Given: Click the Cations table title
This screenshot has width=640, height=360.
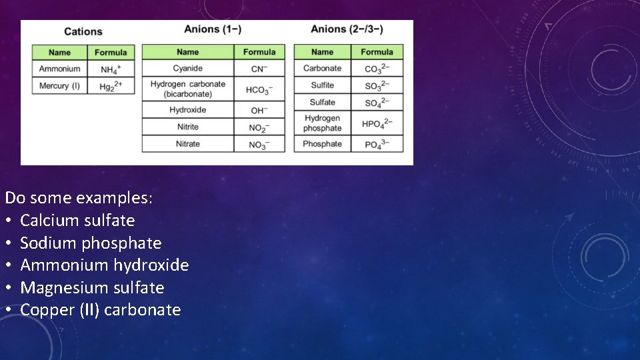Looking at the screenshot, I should [x=83, y=31].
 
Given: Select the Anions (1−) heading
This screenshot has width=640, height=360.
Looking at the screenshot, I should [x=213, y=29].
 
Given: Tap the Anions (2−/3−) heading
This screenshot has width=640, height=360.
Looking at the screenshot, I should [x=347, y=29].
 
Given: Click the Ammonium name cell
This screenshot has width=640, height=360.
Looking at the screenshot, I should [x=59, y=69].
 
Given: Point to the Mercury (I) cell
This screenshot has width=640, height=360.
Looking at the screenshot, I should [x=59, y=86].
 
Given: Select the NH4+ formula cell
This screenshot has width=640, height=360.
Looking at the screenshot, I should [x=111, y=69].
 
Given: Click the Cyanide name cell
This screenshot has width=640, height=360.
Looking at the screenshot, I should [x=187, y=69].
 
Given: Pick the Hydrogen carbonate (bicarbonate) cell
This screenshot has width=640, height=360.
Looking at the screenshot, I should [x=187, y=89].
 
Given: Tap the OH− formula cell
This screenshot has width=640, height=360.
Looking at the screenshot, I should [x=259, y=110].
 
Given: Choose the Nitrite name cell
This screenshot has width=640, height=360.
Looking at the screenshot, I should [x=187, y=127].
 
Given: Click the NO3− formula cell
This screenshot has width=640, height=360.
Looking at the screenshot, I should [x=259, y=144].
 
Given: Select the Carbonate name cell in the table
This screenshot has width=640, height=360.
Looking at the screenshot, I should [x=322, y=69].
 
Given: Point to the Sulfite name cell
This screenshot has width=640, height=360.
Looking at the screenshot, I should [x=322, y=85].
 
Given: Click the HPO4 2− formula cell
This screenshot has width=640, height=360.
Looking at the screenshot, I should [x=377, y=123].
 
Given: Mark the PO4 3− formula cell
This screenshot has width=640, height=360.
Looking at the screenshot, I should [x=377, y=144].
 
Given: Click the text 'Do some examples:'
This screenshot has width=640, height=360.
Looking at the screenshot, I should [x=79, y=198].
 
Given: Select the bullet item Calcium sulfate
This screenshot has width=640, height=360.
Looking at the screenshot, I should [x=77, y=221].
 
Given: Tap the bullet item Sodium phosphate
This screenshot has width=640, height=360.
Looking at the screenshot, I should [x=91, y=243].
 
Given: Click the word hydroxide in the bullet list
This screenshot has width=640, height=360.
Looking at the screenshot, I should [x=151, y=265].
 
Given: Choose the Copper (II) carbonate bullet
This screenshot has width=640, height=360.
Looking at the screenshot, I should [x=100, y=310].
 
